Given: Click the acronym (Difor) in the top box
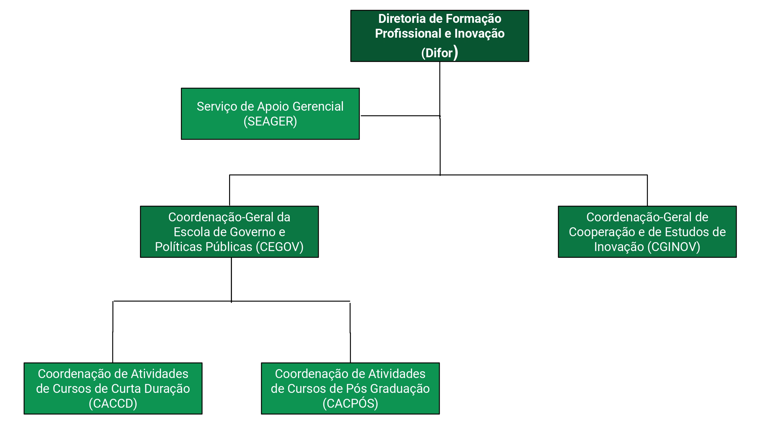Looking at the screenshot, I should click(439, 53).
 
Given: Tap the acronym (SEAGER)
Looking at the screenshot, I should click(270, 121).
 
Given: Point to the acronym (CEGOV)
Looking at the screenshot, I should click(280, 247).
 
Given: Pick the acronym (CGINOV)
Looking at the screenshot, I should click(674, 247).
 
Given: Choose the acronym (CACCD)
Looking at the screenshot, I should click(113, 403).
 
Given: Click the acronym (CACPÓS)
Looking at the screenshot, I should click(350, 403).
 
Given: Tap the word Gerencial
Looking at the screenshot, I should click(318, 107).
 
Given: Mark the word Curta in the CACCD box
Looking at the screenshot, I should click(126, 389).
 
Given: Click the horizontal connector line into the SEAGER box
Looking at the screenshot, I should click(400, 115).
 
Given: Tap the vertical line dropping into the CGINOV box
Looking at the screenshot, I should click(647, 190).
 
